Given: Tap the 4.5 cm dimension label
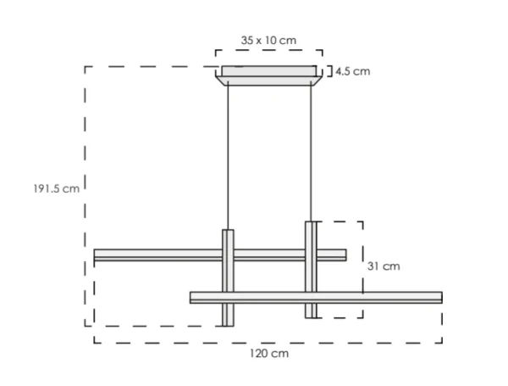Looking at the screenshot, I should click(352, 71).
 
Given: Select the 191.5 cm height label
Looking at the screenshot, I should click(51, 188).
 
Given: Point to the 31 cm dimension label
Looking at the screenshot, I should click(383, 266).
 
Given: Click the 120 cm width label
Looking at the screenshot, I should click(268, 353).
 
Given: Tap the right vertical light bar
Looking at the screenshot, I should click(311, 270).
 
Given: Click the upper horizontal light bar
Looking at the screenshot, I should click(161, 255).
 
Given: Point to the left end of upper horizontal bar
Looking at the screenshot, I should click(97, 255).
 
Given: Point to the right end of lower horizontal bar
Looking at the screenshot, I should click(439, 297).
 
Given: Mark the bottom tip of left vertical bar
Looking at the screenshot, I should click(227, 323).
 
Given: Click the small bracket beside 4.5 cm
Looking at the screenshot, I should click(327, 71).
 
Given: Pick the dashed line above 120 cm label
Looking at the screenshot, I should click(268, 343).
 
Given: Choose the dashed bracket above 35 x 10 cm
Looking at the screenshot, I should click(268, 53).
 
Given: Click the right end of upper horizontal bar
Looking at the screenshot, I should click(344, 255).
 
